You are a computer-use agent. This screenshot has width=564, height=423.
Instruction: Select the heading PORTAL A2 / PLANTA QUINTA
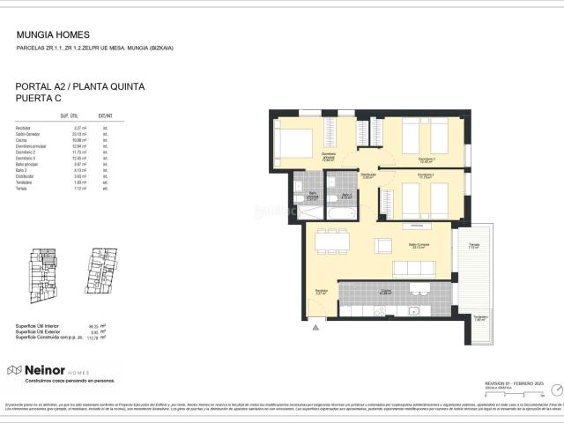80,86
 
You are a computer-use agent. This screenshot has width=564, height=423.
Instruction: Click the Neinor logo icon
14,370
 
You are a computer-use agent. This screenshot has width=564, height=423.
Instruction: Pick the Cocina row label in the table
23,139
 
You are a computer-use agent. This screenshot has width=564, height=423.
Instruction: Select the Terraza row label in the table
23,188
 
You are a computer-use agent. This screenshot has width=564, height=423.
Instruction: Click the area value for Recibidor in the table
78,128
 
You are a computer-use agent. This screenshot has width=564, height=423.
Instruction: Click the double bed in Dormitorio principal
293,142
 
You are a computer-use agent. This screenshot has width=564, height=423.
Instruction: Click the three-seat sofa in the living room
414,267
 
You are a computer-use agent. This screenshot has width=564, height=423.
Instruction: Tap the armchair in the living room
383,244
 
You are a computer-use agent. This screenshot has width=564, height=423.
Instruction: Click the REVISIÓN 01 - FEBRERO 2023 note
516,384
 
